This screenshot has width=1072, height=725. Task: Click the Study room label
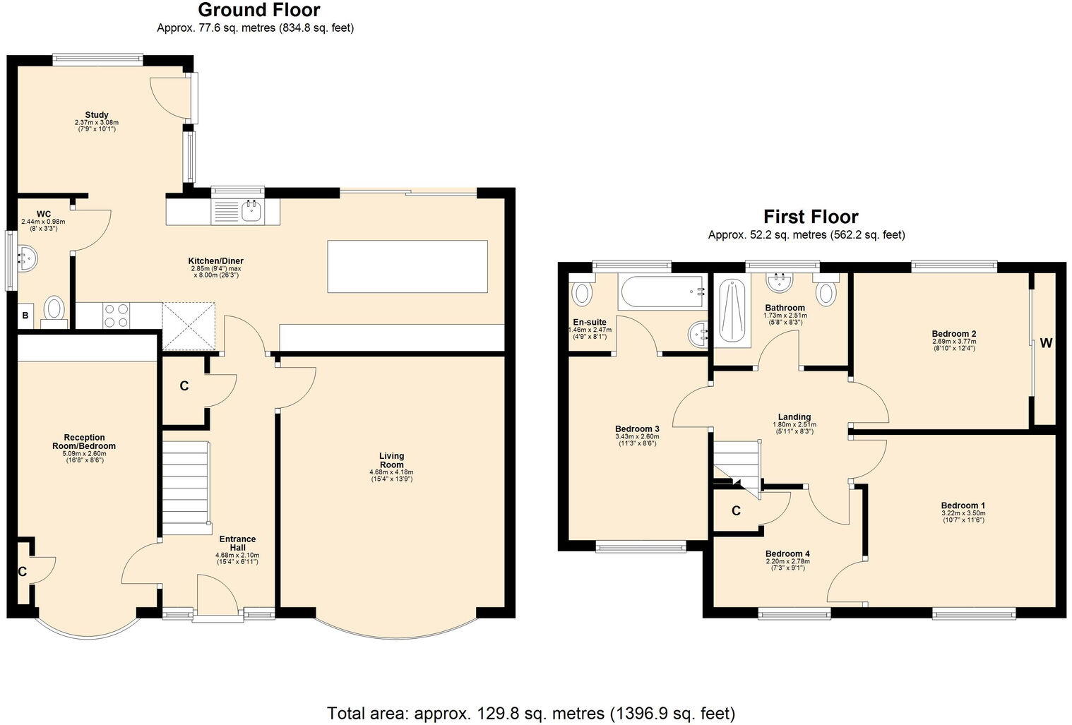coord(97,115)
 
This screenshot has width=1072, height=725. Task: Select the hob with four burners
coord(117,315)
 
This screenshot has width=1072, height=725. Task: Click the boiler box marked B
coord(25,316)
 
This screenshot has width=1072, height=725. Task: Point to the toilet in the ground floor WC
coord(54,311)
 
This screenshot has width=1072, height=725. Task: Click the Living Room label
coord(391,460)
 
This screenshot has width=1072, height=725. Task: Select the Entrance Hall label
coord(237,544)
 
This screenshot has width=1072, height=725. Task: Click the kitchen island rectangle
coord(407,266)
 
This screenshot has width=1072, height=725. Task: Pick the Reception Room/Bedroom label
coord(84,442)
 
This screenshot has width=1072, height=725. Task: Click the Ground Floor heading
coord(258,11)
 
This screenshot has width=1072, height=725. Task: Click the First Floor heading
coord(811,217)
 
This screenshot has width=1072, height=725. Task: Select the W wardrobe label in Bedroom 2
coord(1046,344)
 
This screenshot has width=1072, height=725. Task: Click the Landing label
coord(794,417)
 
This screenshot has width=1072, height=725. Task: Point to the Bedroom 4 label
coord(787,554)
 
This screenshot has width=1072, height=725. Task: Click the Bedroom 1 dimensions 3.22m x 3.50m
coord(963,514)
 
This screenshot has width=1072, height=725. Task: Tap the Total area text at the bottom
coord(530,712)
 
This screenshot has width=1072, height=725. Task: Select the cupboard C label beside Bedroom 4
coord(736,511)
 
